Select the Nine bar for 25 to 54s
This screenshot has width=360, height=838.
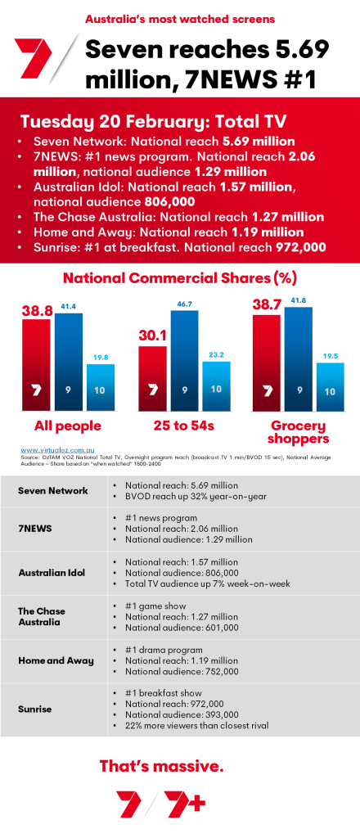[x=185, y=360]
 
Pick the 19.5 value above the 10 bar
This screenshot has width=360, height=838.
[x=331, y=355]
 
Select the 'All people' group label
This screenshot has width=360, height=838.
[x=67, y=426]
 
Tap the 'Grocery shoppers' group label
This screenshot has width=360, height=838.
[x=299, y=432]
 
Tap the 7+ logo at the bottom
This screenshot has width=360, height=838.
[x=185, y=804]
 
